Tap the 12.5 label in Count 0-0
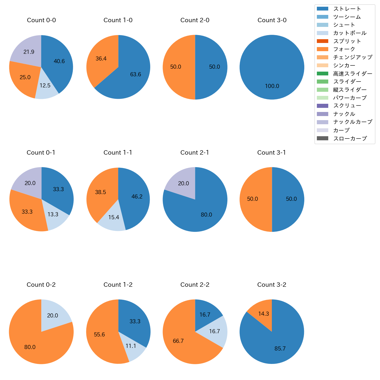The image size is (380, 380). [x=45, y=85]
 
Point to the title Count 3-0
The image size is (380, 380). [x=272, y=20]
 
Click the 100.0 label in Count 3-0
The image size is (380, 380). [x=272, y=86]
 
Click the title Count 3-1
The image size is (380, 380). [x=272, y=153]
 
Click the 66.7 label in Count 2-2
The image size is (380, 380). [x=178, y=341]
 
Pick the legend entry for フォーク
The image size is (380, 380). [x=344, y=49]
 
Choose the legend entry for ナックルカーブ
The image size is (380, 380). [x=353, y=122]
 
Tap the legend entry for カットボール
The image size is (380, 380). [x=350, y=33]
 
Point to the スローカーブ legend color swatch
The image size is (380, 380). [x=322, y=138]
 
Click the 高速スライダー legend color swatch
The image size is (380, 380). [x=322, y=73]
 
